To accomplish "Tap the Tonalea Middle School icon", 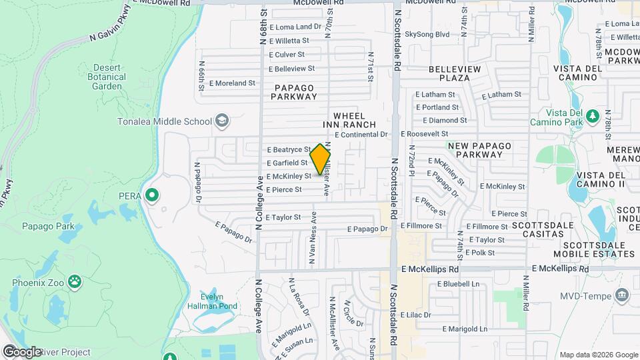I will pos(222,121).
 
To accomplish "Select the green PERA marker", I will pos(152,195).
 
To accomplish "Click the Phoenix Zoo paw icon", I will pos(75,282).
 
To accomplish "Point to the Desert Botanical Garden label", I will pos(108,77).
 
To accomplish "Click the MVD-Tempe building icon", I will pos(623,294).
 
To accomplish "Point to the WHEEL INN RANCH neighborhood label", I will pos(349,120).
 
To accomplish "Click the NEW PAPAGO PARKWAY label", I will pos(475,150).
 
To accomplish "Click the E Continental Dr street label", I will pos(361,134).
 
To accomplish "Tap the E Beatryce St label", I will pos(289,150).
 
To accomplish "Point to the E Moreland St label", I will pos(232,83).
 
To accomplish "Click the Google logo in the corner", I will pos(21,351).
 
